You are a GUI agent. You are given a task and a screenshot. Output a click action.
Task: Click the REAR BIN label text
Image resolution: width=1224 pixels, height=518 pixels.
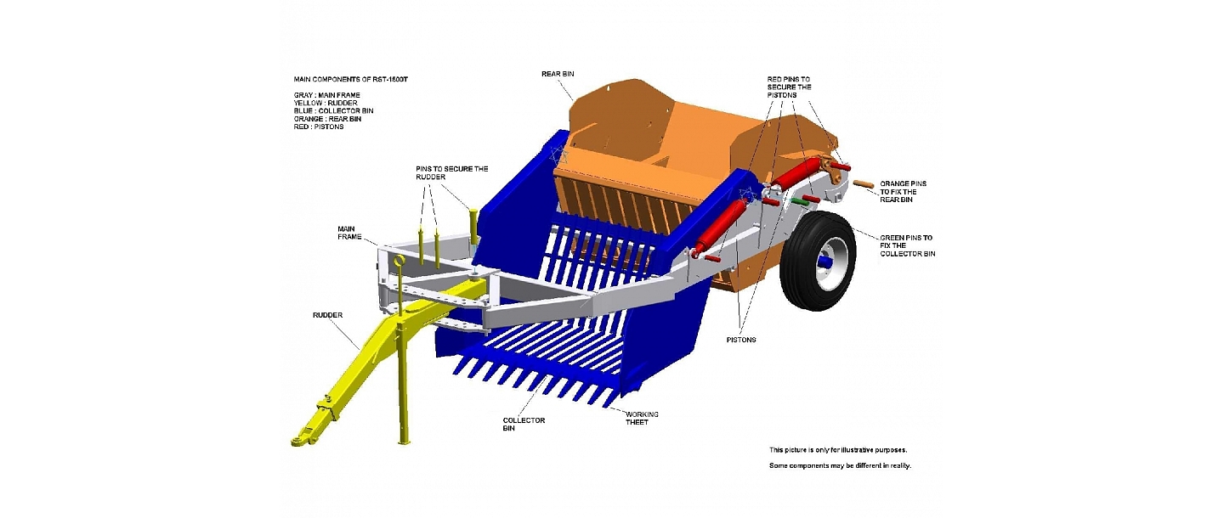557,74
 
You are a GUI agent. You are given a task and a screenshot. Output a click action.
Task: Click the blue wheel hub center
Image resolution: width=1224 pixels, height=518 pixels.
822,264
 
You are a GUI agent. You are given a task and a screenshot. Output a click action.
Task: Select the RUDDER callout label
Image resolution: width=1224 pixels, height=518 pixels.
326,315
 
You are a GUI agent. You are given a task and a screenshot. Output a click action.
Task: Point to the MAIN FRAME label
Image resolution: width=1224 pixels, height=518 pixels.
350,232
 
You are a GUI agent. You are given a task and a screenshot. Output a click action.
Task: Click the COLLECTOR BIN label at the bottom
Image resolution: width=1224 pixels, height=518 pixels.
524,424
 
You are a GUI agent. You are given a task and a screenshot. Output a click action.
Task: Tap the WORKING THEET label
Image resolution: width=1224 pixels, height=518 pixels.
642,418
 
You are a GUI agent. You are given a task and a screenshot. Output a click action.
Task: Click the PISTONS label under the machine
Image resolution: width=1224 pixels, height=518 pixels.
742,339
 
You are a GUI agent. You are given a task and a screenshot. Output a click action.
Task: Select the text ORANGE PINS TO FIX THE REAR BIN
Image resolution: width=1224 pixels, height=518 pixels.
903,192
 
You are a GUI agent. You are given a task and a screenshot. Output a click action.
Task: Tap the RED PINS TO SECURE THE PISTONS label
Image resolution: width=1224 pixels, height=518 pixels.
789,87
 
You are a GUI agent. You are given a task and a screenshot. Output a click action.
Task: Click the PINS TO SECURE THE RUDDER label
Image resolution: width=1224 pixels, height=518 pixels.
451,173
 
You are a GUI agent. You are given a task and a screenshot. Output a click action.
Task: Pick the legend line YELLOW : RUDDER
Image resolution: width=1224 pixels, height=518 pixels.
326,103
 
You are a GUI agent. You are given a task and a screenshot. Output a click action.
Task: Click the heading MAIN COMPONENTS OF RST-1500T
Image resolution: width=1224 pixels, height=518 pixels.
356,79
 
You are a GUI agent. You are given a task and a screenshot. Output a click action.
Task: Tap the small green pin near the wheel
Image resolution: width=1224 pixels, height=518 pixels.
798,201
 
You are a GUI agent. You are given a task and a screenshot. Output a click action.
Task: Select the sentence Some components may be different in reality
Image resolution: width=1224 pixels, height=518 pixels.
839,465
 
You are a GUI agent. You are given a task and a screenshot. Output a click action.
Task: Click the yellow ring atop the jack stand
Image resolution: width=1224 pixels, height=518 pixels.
396,261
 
